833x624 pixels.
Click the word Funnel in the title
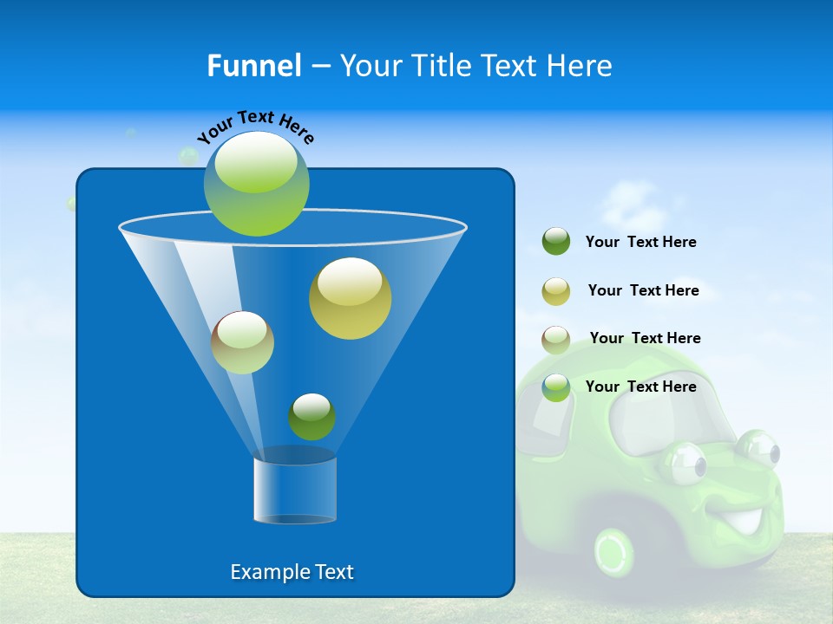click(253, 66)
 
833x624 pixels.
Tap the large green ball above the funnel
click(257, 184)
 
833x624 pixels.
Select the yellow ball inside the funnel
click(350, 297)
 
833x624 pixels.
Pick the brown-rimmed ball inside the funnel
click(243, 342)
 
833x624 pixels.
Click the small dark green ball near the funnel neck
click(312, 416)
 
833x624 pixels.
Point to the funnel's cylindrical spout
click(295, 490)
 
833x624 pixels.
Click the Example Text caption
click(292, 572)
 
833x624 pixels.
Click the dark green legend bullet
click(556, 242)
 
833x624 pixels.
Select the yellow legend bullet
click(556, 291)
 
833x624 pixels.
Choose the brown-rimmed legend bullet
click(556, 340)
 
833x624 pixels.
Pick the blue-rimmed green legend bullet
click(556, 387)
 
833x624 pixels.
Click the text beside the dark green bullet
click(641, 242)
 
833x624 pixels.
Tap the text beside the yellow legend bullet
click(643, 290)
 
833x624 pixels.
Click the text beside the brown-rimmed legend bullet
click(645, 338)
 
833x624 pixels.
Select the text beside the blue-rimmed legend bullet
click(641, 387)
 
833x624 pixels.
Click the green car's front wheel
click(615, 551)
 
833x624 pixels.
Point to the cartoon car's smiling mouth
click(740, 521)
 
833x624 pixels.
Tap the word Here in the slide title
click(580, 66)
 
